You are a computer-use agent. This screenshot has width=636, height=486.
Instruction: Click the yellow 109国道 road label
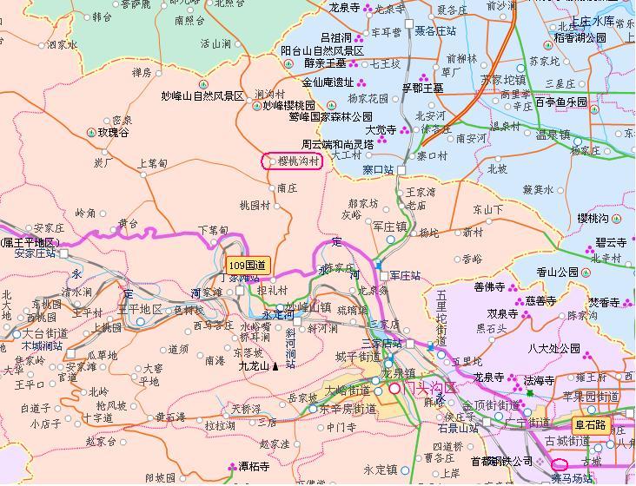248,265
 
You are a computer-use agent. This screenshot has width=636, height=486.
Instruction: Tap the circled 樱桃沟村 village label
293,161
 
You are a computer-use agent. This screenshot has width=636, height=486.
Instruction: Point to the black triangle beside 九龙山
276,366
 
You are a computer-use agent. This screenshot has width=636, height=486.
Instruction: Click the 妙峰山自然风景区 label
199,95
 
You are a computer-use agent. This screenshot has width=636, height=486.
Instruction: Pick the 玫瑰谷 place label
113,133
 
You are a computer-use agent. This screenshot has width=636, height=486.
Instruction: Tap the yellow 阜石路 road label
592,425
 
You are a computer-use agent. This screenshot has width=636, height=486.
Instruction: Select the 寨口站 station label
378,170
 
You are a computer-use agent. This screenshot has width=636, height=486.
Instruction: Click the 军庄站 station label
404,276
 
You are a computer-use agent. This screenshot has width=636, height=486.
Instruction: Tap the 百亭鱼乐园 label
560,102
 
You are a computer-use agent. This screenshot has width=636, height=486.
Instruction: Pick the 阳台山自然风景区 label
321,51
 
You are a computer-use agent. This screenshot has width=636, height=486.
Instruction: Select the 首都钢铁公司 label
500,461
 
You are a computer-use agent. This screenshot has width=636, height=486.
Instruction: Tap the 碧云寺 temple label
610,242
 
